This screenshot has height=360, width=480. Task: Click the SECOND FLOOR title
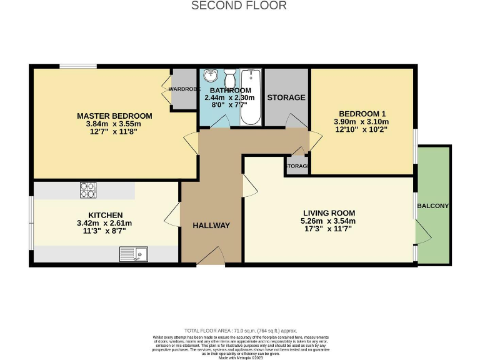click(x=239, y=6)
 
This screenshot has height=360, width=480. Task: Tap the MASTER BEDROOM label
click(x=114, y=116)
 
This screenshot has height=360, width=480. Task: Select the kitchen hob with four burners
click(x=87, y=188)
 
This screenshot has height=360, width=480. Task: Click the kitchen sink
click(x=133, y=254)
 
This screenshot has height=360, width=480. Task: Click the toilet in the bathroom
click(x=230, y=79)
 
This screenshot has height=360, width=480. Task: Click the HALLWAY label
click(x=211, y=226)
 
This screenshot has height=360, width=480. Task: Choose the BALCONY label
click(x=434, y=206)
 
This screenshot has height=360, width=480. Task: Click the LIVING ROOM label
click(x=328, y=212)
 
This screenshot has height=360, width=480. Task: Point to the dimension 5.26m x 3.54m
click(x=328, y=221)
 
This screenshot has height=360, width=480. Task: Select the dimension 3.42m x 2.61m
click(x=104, y=223)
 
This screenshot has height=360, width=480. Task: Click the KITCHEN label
click(x=104, y=214)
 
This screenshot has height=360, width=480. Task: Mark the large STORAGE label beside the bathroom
click(x=286, y=97)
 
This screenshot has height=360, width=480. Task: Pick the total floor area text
click(x=241, y=331)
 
